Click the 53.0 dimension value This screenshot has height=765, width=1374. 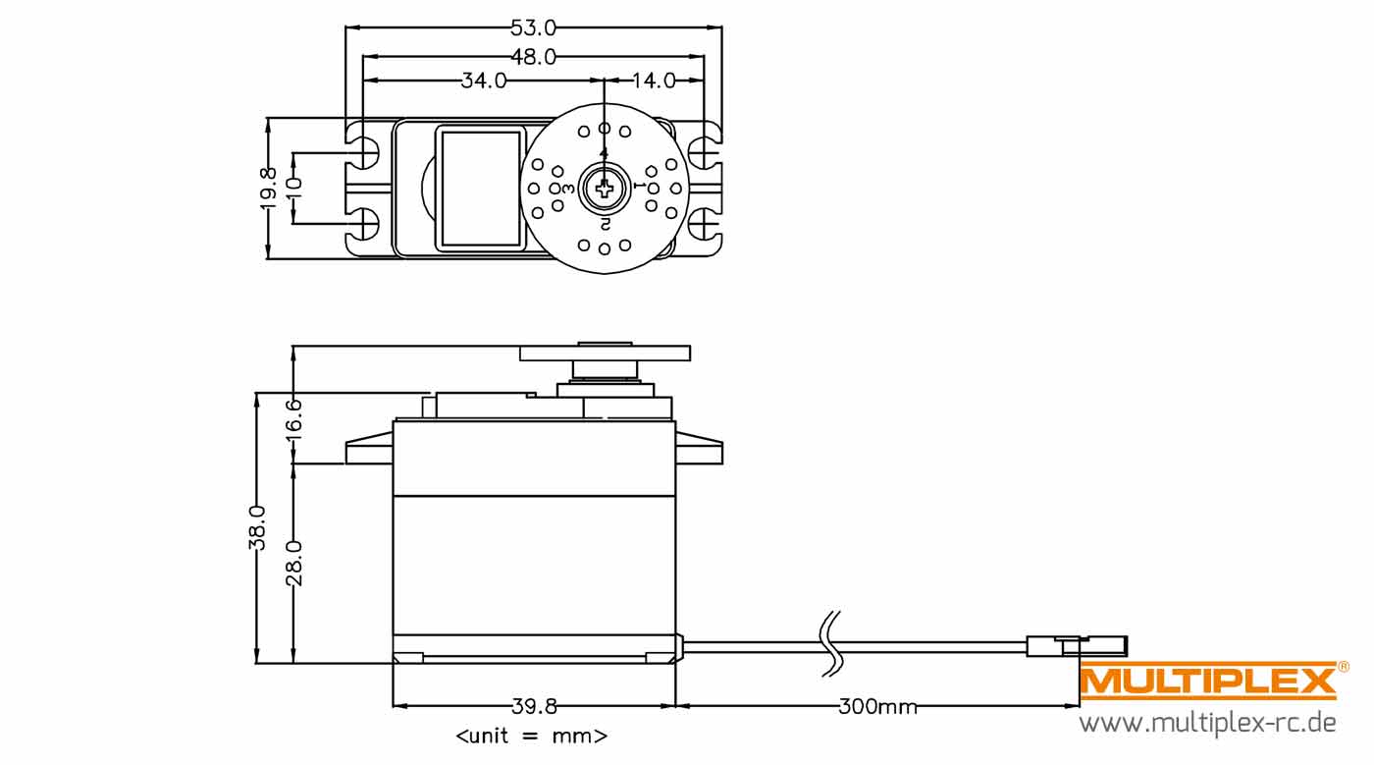point(533,27)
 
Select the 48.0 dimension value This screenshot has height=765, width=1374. point(533,57)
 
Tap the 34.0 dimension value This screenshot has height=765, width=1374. point(483,81)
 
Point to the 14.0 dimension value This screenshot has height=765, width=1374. point(653,81)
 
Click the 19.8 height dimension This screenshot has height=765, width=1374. point(268,189)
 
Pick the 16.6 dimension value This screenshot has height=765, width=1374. point(293,419)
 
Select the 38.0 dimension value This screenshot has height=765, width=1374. point(257,528)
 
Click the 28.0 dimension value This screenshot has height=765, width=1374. point(293,563)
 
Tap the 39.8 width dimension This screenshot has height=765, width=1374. point(534,707)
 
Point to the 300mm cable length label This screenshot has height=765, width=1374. point(877,707)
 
